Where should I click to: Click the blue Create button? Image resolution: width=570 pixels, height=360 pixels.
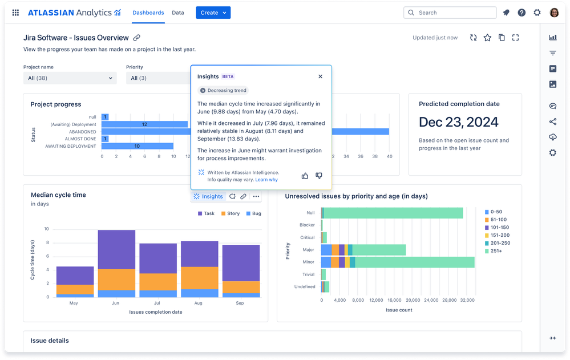point(213,13)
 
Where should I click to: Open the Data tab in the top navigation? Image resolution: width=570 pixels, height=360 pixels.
point(178,13)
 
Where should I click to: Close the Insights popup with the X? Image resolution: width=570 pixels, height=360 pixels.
point(320,76)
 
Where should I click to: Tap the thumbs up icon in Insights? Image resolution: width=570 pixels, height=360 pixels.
point(305,176)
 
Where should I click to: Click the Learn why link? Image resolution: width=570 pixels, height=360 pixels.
point(266,180)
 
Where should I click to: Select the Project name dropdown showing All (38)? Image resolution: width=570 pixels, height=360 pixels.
point(70,78)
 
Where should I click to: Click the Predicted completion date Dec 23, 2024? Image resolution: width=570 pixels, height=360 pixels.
point(458,122)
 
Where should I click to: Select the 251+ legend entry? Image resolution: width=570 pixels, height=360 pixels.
point(495,250)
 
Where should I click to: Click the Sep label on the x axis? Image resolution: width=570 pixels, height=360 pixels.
point(240,303)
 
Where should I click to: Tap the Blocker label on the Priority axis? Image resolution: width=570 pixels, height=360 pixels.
point(307,225)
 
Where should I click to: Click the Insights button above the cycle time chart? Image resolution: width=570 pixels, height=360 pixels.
point(208,196)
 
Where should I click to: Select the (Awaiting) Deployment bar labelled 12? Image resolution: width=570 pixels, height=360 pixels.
point(144,124)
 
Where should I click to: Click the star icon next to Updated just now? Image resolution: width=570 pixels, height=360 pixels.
point(487,38)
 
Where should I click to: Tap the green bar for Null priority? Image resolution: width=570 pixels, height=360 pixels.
point(393,213)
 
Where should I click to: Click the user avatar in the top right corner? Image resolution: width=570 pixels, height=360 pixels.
point(554,13)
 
